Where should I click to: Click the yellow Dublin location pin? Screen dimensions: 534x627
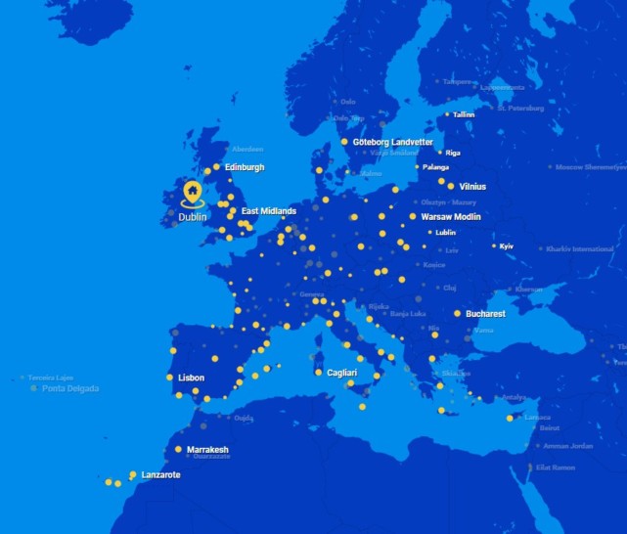click(x=193, y=190)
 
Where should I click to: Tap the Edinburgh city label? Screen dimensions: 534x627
click(x=245, y=167)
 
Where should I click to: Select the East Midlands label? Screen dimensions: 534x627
click(x=269, y=211)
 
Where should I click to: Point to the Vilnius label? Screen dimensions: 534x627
click(x=471, y=186)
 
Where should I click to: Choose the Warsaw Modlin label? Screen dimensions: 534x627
click(x=451, y=217)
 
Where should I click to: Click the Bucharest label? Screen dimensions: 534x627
click(x=485, y=314)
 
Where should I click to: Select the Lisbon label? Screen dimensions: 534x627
click(x=192, y=377)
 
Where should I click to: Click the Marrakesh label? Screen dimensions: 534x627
click(x=207, y=450)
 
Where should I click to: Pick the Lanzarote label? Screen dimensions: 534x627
click(x=160, y=475)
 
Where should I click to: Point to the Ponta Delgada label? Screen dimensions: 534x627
click(x=69, y=388)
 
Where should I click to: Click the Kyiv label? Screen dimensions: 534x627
click(x=507, y=246)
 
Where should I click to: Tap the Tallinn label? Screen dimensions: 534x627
click(x=464, y=114)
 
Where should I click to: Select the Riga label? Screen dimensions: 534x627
click(x=453, y=154)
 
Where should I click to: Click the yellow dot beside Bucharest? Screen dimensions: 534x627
click(x=457, y=314)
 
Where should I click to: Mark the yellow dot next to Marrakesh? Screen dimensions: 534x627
click(x=178, y=449)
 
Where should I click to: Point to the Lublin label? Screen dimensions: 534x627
click(x=446, y=233)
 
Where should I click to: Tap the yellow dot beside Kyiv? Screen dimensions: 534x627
click(x=494, y=245)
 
